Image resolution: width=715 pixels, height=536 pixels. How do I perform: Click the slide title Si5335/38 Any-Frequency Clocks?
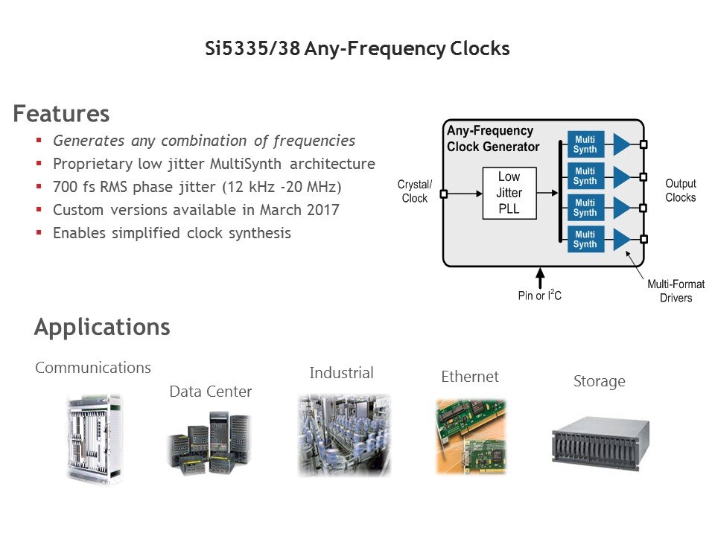coord(357,49)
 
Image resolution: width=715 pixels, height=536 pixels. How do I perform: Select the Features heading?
coord(61,114)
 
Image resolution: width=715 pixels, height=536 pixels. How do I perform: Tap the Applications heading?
coord(102,327)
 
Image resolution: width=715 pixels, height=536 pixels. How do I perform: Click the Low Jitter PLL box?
coord(509,193)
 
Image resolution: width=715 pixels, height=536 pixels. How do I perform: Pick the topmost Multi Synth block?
coord(585,144)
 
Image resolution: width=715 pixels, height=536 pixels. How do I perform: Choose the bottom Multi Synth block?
coord(585,239)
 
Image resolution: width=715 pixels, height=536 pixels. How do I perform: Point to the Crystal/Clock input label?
coord(415,191)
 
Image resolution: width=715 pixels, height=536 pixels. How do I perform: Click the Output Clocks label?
coord(680,191)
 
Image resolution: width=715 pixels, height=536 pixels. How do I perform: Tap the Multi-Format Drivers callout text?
coord(676,291)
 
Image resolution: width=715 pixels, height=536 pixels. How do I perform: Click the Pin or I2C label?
coord(539,296)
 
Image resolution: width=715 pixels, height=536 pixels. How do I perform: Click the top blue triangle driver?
coord(621,144)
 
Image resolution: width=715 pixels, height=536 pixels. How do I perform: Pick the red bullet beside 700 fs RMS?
coord(39,187)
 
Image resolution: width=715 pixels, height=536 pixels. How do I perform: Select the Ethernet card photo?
coord(471,436)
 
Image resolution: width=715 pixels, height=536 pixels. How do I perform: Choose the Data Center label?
coord(211,392)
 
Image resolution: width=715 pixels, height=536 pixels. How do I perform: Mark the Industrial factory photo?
coord(343,435)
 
